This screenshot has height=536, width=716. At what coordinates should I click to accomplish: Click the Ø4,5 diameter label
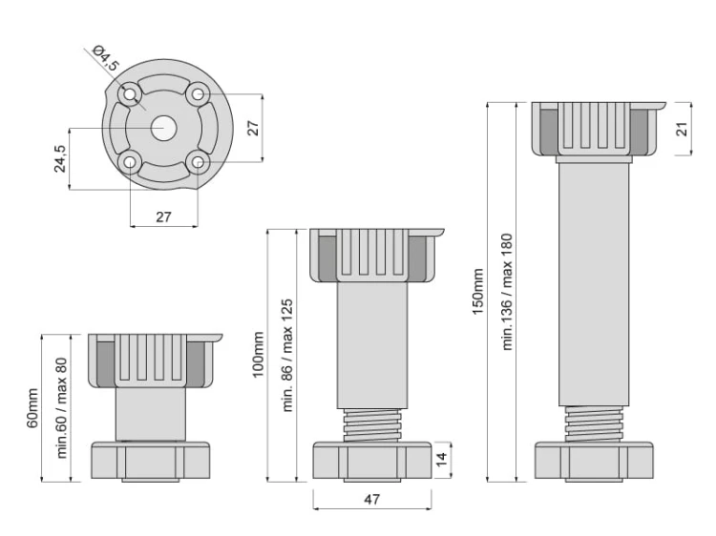click(105, 57)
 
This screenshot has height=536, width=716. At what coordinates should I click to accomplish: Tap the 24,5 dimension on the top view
click(59, 158)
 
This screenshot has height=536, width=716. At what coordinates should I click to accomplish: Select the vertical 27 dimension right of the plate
click(254, 128)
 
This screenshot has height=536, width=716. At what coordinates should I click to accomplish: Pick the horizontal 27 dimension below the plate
click(163, 216)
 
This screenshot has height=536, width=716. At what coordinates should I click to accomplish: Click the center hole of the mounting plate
click(164, 128)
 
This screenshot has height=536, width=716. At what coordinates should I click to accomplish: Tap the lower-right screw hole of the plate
click(198, 162)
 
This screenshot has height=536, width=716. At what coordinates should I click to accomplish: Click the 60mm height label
click(32, 408)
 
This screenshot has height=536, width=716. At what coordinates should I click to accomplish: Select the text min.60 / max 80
click(62, 408)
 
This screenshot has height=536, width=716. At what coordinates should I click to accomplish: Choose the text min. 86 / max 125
click(286, 355)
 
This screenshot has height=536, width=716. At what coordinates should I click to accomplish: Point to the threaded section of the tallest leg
click(594, 423)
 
